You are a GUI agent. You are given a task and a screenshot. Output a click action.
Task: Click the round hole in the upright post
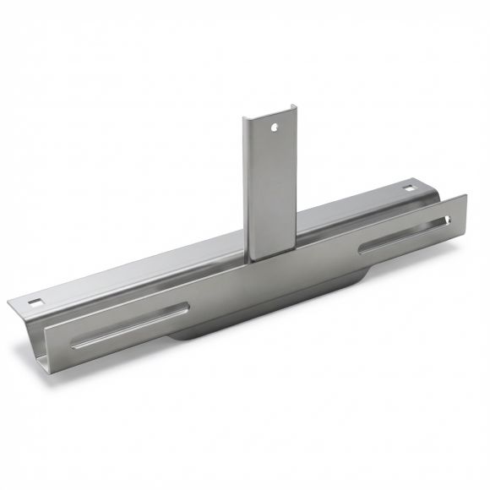tap(273, 129)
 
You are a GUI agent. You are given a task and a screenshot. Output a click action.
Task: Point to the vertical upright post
tap(270, 186)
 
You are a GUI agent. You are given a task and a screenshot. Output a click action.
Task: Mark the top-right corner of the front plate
tap(465, 196)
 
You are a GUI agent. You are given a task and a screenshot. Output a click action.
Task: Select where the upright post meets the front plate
tap(271, 258)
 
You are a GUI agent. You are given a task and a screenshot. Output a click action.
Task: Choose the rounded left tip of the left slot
tap(74, 346)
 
